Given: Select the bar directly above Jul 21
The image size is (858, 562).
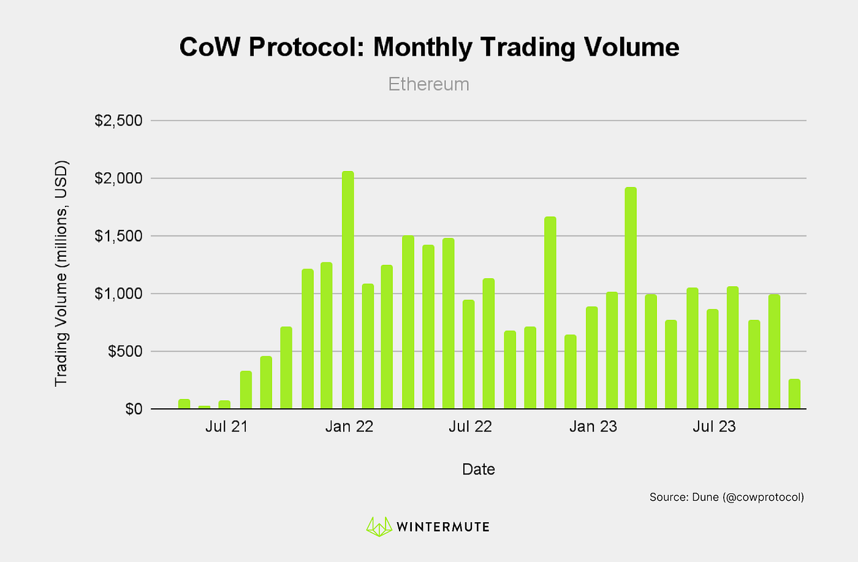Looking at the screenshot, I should pyautogui.click(x=224, y=404).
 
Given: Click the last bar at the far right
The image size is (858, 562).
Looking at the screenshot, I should pyautogui.click(x=794, y=394).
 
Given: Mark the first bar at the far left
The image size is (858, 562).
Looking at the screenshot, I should pyautogui.click(x=184, y=404).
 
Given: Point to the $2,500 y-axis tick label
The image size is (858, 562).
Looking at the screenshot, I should pyautogui.click(x=118, y=121).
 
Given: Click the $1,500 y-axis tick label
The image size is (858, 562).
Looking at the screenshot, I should pyautogui.click(x=118, y=236).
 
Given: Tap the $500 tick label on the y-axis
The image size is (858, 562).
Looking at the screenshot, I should pyautogui.click(x=125, y=351).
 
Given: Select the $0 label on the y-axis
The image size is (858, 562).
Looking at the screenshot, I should pyautogui.click(x=134, y=409).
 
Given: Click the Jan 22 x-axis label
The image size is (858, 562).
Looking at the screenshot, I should pyautogui.click(x=349, y=427).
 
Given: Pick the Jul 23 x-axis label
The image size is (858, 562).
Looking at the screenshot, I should pyautogui.click(x=714, y=427).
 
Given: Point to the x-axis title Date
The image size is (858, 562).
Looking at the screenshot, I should pyautogui.click(x=478, y=469).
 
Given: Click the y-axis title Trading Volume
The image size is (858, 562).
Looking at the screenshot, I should pyautogui.click(x=61, y=273).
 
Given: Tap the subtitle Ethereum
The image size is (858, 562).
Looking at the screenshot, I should pyautogui.click(x=428, y=84).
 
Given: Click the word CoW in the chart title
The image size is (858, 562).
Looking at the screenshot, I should pyautogui.click(x=210, y=47).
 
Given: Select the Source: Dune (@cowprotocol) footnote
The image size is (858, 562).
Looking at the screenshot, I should pyautogui.click(x=726, y=497).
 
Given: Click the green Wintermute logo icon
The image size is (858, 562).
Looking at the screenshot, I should pyautogui.click(x=379, y=526).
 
